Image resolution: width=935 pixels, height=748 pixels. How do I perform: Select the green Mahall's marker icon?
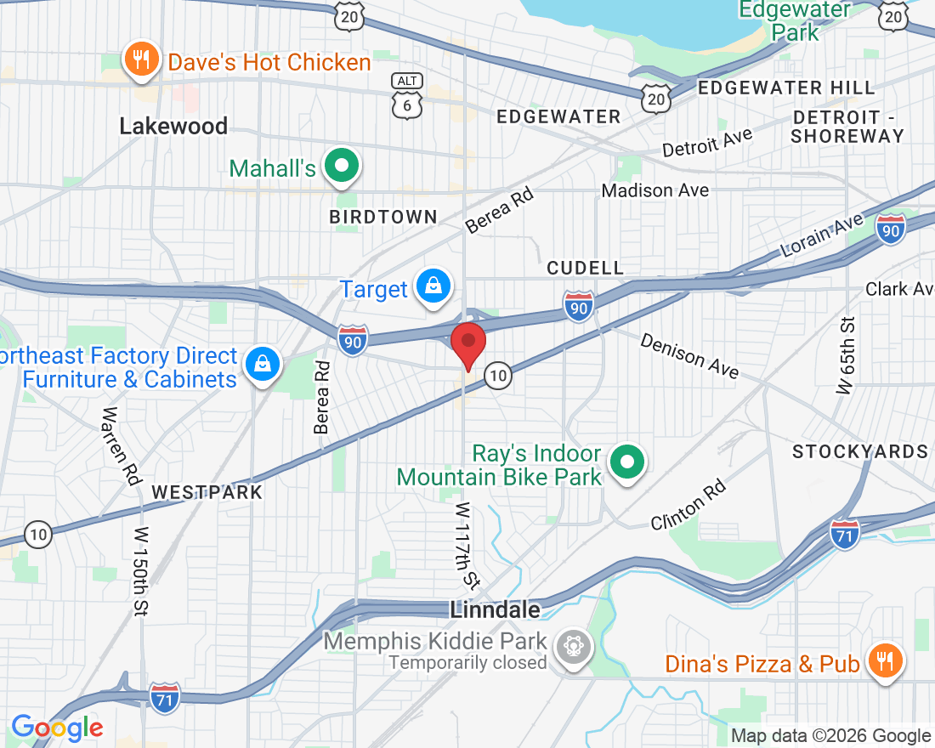coord(342,167)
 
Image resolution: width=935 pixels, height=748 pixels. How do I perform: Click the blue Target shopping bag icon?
coord(433,287)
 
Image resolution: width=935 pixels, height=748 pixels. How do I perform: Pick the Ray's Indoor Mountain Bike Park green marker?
coord(628,463)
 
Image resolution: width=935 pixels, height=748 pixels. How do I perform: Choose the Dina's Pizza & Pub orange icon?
coord(884,661)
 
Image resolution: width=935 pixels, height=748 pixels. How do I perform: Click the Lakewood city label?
coord(173,127)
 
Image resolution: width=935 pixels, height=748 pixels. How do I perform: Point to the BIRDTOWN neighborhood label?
coord(383,217)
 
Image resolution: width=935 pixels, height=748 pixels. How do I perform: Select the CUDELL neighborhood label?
coord(585,268)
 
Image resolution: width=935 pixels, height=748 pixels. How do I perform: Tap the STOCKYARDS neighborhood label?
coord(859,451)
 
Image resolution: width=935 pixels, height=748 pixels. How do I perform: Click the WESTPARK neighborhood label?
coord(207,492)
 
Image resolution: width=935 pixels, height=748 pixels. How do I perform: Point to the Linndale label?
coord(495,609)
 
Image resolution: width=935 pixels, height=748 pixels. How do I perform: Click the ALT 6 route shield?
coord(406,93)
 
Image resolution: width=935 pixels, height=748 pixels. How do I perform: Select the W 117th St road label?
coord(467,545)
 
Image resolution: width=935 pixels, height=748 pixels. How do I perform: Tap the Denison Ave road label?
coord(689,355)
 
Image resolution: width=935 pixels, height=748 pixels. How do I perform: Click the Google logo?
coord(56,728)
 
